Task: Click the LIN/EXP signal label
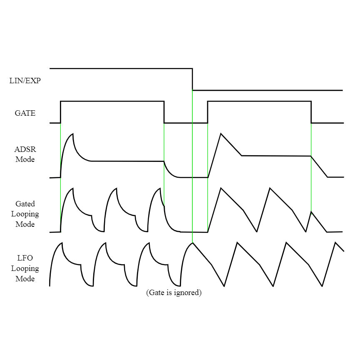(25, 81)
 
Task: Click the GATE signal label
(25, 113)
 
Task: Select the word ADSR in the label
(25, 149)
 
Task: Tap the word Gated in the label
(25, 204)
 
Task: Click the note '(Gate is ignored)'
(174, 293)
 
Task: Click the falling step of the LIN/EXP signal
(192, 79)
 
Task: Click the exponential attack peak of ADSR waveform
(73, 134)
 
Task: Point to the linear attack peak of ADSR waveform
(221, 134)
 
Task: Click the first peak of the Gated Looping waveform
(73, 189)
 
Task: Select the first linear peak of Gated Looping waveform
(221, 188)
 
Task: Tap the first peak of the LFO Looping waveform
(62, 243)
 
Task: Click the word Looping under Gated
(25, 214)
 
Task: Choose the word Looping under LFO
(25, 268)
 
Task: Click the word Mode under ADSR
(25, 159)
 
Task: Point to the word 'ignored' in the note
(188, 293)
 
